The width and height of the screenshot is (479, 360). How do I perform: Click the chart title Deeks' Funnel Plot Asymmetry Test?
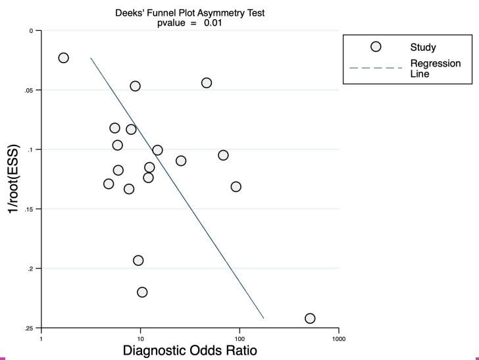click(190, 7)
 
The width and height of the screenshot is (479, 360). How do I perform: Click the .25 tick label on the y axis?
click(29, 328)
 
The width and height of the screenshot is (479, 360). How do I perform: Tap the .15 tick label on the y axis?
click(29, 209)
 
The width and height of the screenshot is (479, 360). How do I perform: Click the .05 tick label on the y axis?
click(29, 90)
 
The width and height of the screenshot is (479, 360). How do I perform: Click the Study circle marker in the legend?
click(376, 47)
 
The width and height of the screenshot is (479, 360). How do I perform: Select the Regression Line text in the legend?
click(435, 68)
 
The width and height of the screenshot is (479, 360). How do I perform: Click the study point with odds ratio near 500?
click(310, 319)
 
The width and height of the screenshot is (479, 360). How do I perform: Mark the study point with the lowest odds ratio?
click(63, 58)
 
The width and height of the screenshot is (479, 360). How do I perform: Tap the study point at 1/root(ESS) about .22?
click(142, 292)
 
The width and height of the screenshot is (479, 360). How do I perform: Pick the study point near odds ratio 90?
click(236, 187)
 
